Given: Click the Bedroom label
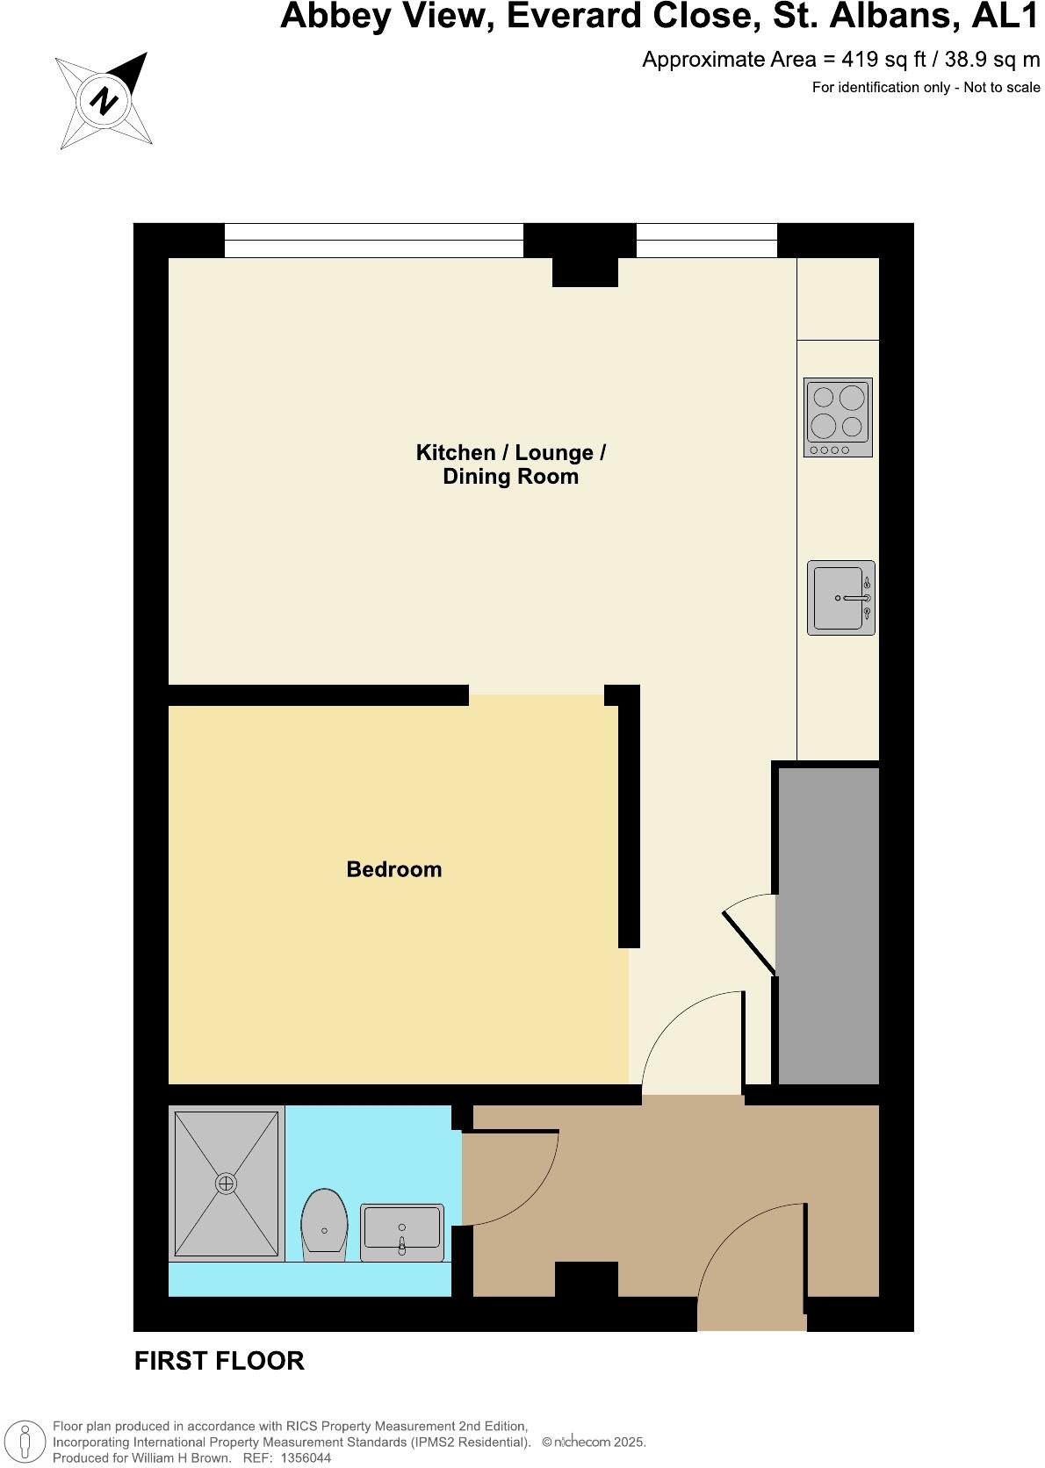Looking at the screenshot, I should [x=394, y=869].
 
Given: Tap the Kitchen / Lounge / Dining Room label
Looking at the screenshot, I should [x=510, y=464].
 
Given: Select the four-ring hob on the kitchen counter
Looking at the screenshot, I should [x=838, y=417].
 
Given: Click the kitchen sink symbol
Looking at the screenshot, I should [x=840, y=598].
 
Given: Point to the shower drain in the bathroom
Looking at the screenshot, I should [x=227, y=1184].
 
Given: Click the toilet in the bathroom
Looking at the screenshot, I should [x=324, y=1225].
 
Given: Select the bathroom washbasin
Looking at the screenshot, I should [x=402, y=1232].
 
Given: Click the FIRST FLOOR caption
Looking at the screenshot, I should [x=220, y=1361].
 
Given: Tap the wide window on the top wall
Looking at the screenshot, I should [x=373, y=241].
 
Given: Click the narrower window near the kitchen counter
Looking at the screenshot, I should [x=706, y=241].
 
